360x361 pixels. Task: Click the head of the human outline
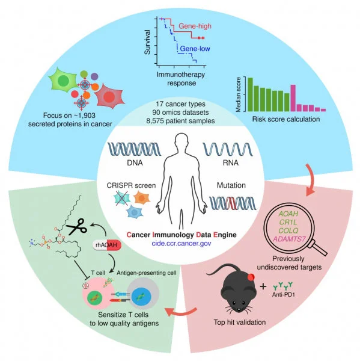179,144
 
